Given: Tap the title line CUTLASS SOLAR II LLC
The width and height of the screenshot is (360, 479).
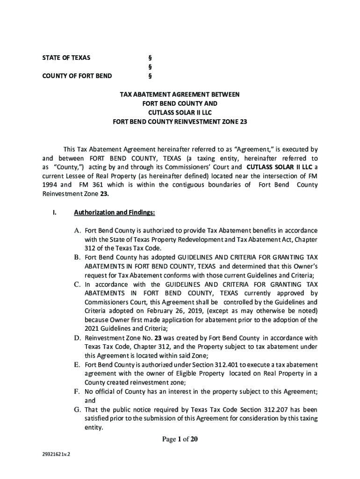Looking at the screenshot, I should (x=180, y=113).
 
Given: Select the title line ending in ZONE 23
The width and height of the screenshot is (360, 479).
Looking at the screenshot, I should (x=180, y=122).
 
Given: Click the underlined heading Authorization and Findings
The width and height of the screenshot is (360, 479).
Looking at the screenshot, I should (x=115, y=213).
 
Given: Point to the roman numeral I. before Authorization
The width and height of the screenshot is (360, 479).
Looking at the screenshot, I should (x=55, y=213).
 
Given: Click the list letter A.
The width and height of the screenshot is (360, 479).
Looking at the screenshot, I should (x=78, y=231).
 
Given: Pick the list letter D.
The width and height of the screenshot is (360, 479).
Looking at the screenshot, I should (x=78, y=338).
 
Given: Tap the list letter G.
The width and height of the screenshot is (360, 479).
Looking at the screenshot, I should (x=78, y=409).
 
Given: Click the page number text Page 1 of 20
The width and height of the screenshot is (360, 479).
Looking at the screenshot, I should (x=180, y=439).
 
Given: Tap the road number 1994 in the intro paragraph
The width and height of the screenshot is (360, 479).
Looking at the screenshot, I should (x=46, y=185).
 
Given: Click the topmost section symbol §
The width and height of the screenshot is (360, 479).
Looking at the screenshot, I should (x=150, y=58).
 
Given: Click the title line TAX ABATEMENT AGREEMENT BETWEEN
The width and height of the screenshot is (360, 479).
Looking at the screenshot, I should (x=180, y=94).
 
